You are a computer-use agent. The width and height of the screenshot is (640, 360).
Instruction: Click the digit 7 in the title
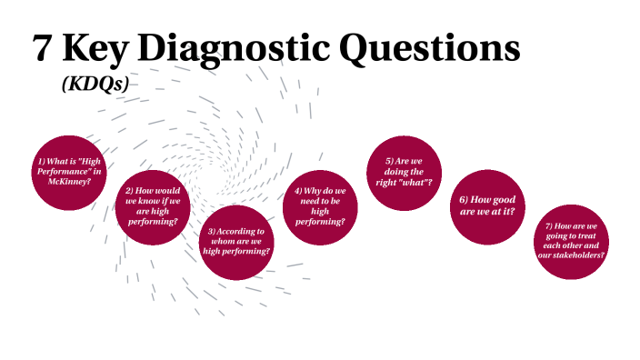[x=42, y=48]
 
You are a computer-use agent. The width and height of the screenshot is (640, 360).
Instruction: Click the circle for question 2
[x=152, y=205]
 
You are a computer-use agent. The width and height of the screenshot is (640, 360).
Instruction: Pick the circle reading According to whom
[x=236, y=242]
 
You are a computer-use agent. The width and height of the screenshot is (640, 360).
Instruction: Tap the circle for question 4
[x=320, y=205]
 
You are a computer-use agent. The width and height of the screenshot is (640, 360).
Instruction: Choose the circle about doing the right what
[x=402, y=171]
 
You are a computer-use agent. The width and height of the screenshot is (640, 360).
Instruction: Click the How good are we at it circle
[x=488, y=205]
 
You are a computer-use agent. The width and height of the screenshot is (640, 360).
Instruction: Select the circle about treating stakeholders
[x=571, y=240]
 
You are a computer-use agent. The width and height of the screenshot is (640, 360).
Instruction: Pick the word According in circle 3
[x=241, y=231]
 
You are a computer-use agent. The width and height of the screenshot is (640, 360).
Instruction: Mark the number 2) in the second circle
[x=131, y=190]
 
